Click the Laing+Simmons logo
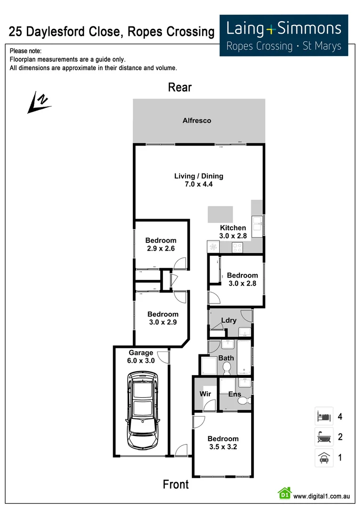284,35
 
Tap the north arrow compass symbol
39,103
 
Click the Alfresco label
197,121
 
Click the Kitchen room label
233,228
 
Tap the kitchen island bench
221,214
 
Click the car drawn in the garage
142,410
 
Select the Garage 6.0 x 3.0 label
141,357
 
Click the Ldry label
229,320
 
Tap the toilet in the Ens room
244,401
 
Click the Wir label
205,394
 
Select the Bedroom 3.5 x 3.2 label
223,443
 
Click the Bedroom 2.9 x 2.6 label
161,244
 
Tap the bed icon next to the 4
324,417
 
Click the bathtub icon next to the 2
324,437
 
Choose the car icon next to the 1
324,458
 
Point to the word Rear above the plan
180,87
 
